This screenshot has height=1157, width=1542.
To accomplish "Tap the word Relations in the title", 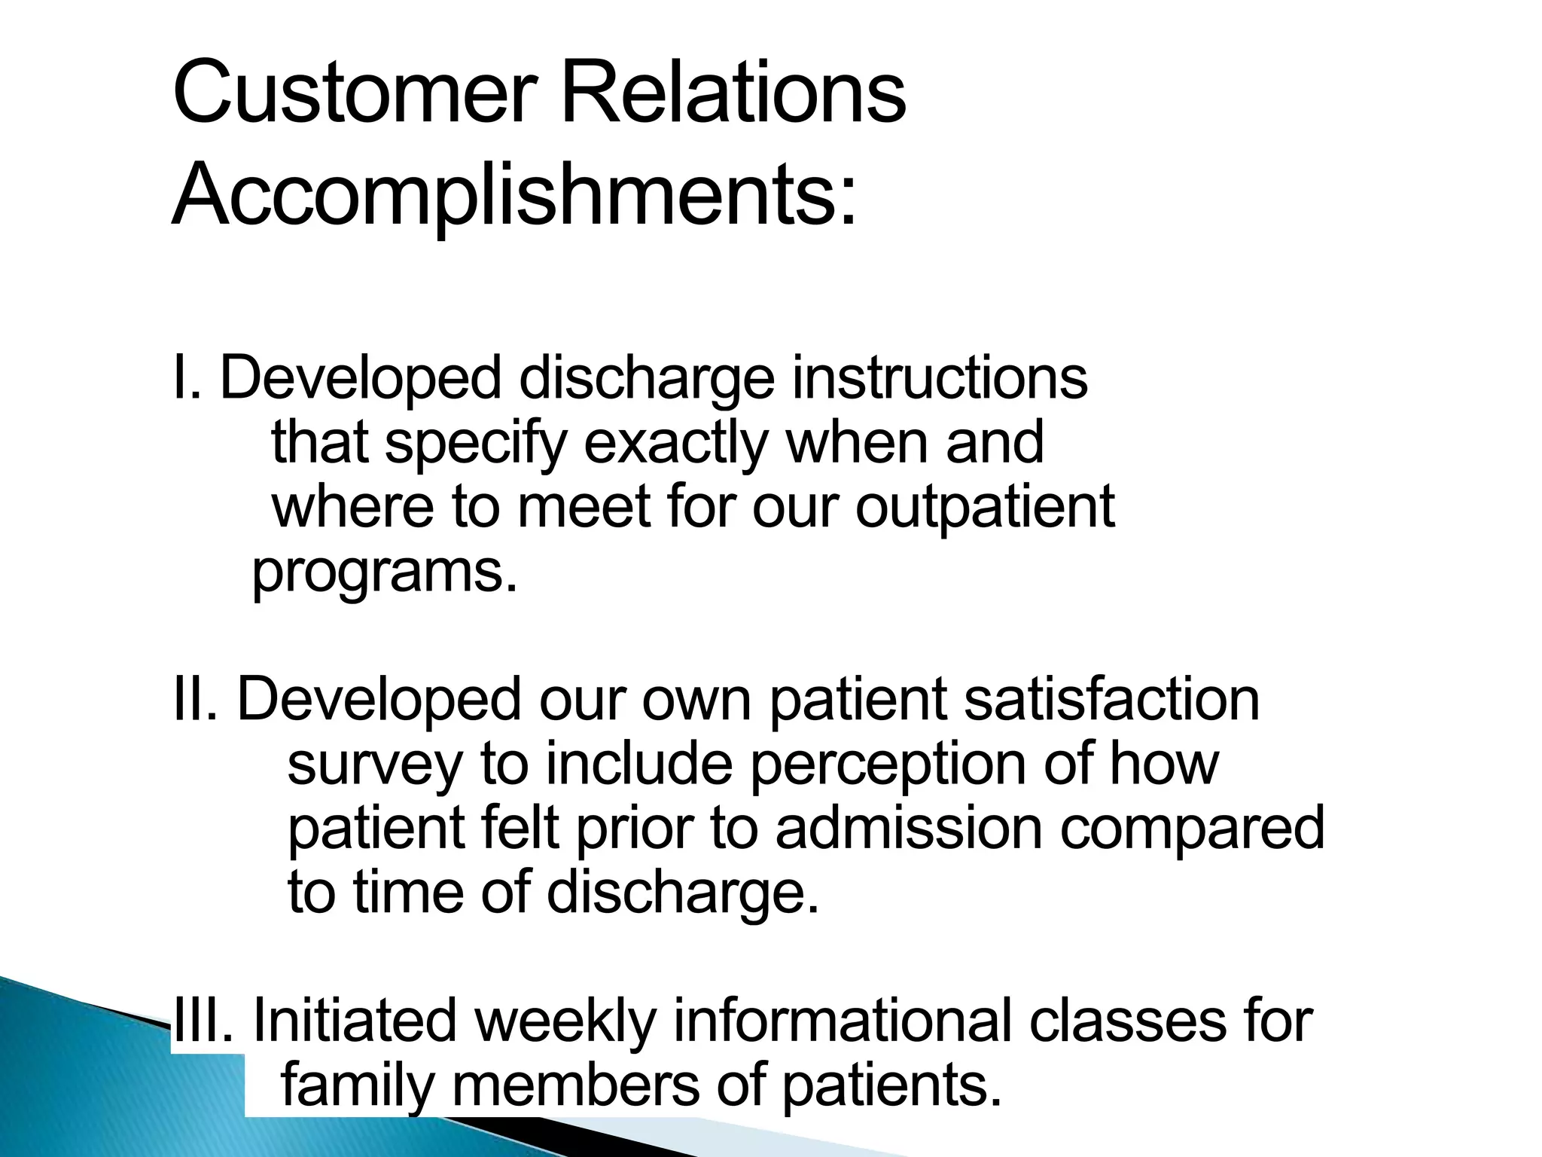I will [x=733, y=93].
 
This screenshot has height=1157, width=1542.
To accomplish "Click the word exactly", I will [x=675, y=443].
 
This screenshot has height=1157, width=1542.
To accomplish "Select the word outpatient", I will [x=985, y=507].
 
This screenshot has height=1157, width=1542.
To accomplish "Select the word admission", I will [x=909, y=828].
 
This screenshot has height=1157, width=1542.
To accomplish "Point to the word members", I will [x=576, y=1085].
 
